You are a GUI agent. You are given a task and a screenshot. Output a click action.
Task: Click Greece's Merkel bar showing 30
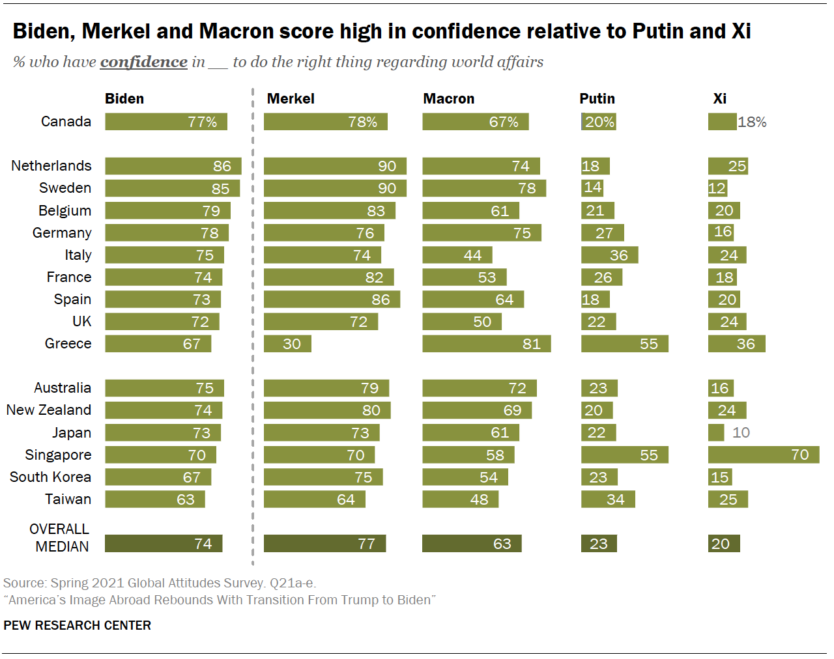287,344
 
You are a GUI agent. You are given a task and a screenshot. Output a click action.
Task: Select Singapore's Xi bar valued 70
764,455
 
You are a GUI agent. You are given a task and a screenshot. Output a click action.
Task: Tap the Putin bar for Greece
624,344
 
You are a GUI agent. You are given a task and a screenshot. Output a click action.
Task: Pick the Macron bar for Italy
457,255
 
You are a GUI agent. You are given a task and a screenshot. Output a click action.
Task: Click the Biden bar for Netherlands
173,166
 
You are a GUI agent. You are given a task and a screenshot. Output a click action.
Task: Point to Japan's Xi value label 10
741,432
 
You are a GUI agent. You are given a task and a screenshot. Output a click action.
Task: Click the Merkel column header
291,99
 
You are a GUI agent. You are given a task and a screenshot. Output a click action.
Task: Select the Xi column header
719,99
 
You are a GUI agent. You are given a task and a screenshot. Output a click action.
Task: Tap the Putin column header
597,99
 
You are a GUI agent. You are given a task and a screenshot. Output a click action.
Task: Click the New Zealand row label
49,410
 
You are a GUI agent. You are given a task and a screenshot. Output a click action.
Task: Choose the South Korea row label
50,477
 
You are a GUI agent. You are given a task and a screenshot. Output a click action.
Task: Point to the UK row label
82,322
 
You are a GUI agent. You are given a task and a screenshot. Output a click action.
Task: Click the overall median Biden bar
164,544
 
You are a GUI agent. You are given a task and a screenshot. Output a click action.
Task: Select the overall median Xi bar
724,544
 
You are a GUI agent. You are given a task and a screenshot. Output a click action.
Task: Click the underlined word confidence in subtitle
143,63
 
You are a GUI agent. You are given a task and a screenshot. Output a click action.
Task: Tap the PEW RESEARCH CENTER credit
77,625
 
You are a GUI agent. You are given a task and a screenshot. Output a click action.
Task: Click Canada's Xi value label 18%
752,122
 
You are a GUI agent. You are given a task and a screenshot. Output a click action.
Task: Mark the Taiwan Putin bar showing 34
608,499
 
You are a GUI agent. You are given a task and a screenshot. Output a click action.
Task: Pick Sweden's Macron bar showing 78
484,188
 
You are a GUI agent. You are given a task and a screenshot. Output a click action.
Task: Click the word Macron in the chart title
237,31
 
